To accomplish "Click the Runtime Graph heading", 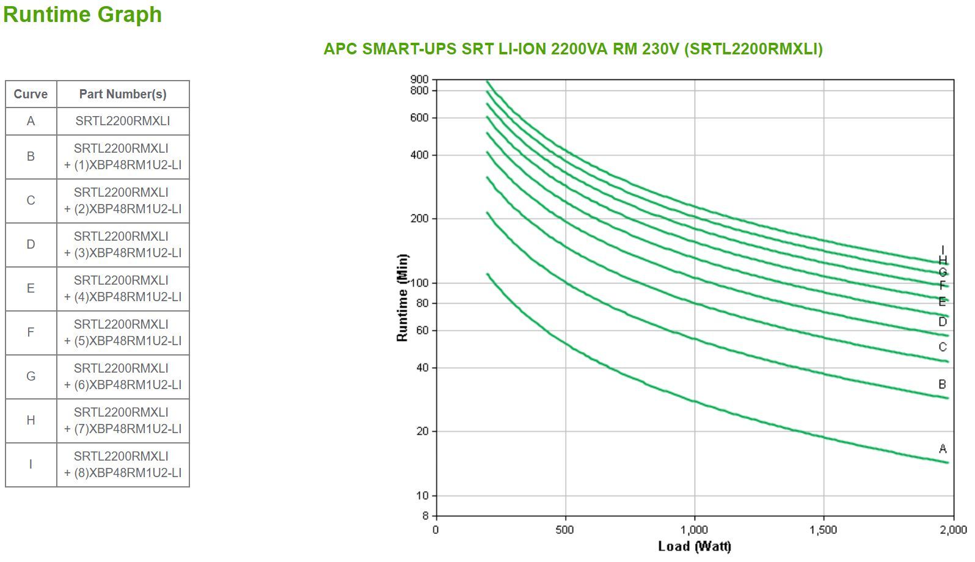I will [82, 14].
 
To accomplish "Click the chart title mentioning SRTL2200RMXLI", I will [572, 49].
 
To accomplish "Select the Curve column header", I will [31, 94].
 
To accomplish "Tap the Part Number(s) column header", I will [123, 94].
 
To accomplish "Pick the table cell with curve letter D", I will [31, 244].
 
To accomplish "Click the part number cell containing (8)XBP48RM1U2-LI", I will [123, 464].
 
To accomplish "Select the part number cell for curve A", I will [123, 121].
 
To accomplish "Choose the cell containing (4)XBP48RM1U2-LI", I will [123, 288].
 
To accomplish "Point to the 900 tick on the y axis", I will [420, 79].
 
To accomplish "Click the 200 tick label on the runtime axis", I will [420, 219].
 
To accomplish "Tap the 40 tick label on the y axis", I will [422, 368].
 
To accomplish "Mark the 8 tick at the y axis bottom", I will [425, 516].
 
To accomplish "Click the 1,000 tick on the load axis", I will [695, 530].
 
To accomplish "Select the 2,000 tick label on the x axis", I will [953, 530].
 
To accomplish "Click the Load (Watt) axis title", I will [695, 546].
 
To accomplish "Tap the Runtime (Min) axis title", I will [402, 297].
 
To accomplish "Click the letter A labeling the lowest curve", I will [943, 449].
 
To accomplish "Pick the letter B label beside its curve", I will [942, 384].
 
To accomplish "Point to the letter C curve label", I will [943, 347].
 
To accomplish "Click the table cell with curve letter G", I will [31, 376].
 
